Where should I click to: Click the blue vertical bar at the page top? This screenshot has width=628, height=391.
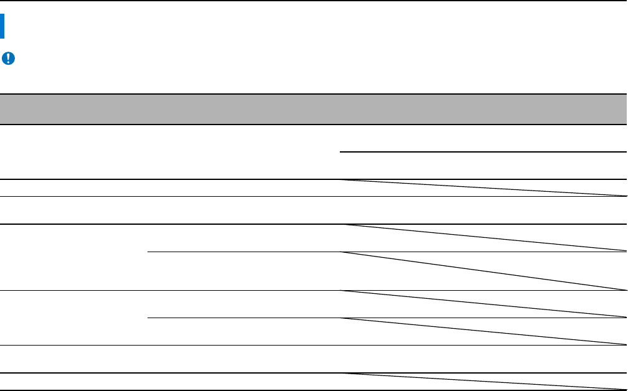(2, 27)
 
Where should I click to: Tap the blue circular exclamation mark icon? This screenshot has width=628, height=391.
(9, 59)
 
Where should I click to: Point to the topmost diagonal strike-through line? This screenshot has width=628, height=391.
(483, 188)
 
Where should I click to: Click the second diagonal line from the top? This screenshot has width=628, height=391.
(483, 238)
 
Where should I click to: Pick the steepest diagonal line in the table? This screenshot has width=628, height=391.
(483, 271)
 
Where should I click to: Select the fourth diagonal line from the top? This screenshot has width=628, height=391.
(483, 304)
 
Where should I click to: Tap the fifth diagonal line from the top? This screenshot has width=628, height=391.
(483, 331)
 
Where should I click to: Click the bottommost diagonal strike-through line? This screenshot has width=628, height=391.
(483, 382)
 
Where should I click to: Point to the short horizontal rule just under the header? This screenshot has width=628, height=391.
(483, 152)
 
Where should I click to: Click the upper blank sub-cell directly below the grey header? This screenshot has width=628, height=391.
(483, 138)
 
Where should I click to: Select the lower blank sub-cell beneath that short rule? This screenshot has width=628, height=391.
(483, 166)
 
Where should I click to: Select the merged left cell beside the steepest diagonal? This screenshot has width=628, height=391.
(73, 257)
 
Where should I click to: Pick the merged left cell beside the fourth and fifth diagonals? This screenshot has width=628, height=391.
(73, 318)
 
